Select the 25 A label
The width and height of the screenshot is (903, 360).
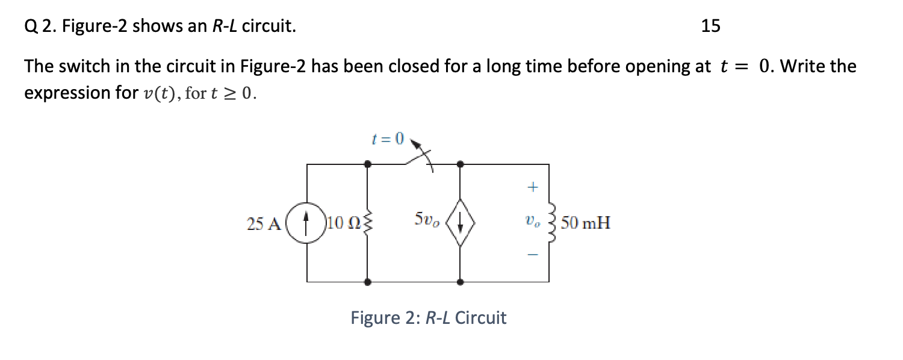point(263,225)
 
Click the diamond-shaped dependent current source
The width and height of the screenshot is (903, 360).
point(461,223)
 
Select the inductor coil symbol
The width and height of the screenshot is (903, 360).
point(549,223)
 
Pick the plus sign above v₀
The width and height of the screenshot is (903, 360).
point(532,188)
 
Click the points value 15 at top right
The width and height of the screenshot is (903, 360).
point(710,26)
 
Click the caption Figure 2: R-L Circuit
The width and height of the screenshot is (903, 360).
point(429,317)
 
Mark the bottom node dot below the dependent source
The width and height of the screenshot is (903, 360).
point(461,282)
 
